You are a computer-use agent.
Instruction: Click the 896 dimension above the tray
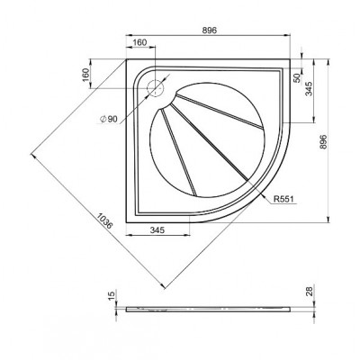209,31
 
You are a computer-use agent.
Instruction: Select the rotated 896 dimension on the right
322,141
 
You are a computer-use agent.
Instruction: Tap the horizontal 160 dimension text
139,42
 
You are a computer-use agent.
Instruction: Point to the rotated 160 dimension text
85,75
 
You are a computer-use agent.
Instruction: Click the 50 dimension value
297,78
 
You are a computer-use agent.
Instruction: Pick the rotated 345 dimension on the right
309,89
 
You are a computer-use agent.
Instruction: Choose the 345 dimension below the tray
157,230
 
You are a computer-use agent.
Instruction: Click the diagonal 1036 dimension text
104,220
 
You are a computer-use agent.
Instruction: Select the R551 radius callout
283,199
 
